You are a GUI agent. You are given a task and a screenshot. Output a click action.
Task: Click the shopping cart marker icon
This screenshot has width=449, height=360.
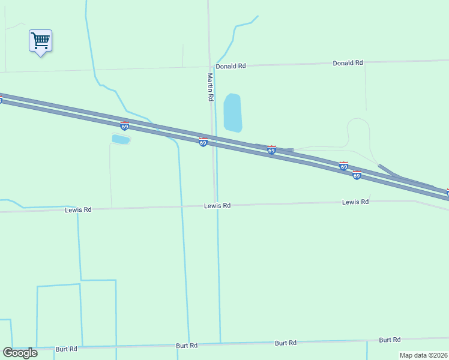click(x=40, y=41)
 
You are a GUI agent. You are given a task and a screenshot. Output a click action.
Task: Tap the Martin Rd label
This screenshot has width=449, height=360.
click(x=210, y=87)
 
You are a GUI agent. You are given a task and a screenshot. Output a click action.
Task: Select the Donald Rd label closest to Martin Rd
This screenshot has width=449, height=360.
click(x=231, y=66)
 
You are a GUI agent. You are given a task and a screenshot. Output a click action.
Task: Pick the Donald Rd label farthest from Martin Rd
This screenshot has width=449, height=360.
click(x=348, y=62)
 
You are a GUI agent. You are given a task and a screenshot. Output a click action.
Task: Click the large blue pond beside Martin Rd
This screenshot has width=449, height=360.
click(x=232, y=112)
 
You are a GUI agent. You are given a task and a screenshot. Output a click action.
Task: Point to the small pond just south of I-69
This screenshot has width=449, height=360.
click(x=121, y=139)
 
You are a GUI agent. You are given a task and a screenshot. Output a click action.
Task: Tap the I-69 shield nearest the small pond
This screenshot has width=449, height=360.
click(x=124, y=126)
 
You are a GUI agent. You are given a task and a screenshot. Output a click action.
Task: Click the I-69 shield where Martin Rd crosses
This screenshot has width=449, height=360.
click(x=203, y=142)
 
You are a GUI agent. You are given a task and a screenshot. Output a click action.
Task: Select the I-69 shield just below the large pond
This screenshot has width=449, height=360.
click(x=271, y=150)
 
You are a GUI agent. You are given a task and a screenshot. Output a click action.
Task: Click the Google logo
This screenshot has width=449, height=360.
click(x=20, y=353)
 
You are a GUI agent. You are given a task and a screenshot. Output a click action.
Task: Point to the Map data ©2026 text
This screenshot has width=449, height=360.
click(x=423, y=355)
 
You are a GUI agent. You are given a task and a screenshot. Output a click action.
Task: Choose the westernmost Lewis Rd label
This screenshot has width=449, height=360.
click(x=78, y=210)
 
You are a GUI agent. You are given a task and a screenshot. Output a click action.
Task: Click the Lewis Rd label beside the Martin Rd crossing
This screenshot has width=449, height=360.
click(x=217, y=206)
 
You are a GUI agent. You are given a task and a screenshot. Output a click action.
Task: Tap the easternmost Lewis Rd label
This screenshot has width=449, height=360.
click(x=355, y=202)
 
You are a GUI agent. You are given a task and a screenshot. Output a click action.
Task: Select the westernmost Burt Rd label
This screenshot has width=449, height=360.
click(x=66, y=349)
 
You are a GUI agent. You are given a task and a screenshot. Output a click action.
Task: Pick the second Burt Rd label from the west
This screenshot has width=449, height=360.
click(x=187, y=346)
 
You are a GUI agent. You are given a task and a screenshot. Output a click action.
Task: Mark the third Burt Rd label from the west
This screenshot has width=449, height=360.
click(x=286, y=343)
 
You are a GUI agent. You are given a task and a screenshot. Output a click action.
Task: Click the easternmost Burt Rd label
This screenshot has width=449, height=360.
click(x=390, y=340)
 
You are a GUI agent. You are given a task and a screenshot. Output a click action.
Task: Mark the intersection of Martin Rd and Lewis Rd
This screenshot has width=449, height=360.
click(x=215, y=206)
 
